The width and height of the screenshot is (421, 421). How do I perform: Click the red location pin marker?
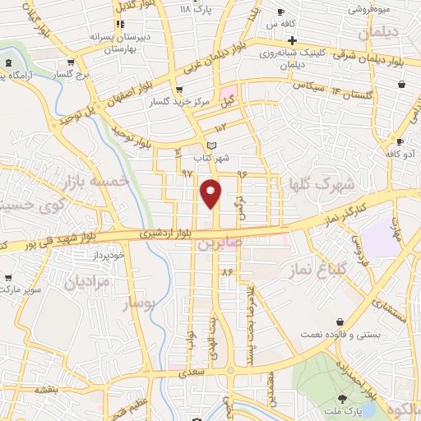(212, 192)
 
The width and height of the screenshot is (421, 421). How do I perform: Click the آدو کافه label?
(403, 154)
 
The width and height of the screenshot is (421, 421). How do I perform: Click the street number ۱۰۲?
(220, 128)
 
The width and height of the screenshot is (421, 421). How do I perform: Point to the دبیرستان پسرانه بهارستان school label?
(105, 44)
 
